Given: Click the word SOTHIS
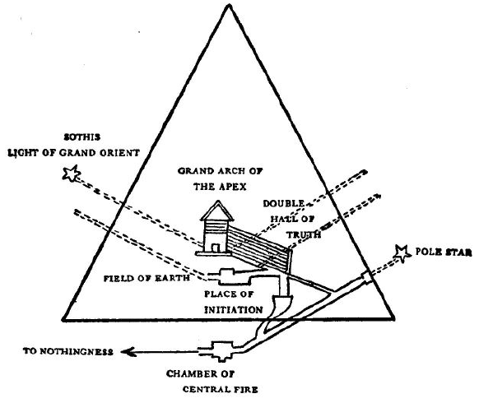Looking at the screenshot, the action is (81, 137).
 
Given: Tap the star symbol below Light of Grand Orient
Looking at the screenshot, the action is (71, 174).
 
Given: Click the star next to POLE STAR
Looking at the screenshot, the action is (402, 253).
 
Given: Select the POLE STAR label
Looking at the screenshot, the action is (444, 252).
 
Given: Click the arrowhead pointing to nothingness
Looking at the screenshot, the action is (128, 352).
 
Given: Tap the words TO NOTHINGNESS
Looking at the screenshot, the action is (68, 351).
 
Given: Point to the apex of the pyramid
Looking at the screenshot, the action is (229, 5).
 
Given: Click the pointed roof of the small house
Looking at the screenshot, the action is (217, 211).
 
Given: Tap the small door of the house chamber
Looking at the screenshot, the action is (216, 248).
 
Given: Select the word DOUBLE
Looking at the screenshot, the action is (284, 203).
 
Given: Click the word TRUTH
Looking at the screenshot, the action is (304, 234).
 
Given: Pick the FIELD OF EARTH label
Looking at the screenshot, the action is (146, 278).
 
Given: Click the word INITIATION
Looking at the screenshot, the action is (234, 310).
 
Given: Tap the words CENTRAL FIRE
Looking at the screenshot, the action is (221, 389).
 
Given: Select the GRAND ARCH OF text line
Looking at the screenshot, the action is (221, 171).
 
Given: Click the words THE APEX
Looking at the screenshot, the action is (220, 186).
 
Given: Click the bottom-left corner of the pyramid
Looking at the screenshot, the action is (63, 319).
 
